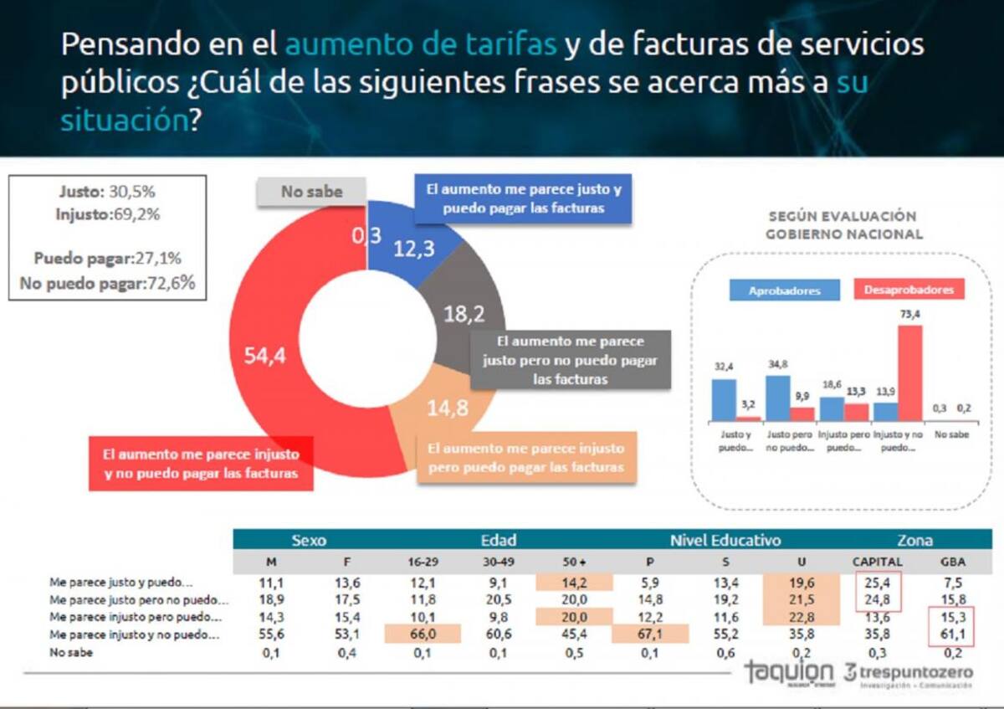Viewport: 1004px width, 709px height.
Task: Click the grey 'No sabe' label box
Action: pos(311,192)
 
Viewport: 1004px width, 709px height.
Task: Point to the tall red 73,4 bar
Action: pos(909,373)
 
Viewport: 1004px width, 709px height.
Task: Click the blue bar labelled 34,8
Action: pos(778,398)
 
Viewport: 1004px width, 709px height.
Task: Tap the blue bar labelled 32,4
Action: pos(724,400)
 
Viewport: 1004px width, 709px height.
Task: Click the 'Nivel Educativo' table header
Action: pos(725,540)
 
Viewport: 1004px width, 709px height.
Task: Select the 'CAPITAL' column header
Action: pos(877,562)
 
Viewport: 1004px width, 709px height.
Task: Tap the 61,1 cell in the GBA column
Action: pos(955,635)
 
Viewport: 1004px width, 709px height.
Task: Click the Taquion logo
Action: pos(789,674)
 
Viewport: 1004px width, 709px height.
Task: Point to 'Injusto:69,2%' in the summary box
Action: pos(107,214)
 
